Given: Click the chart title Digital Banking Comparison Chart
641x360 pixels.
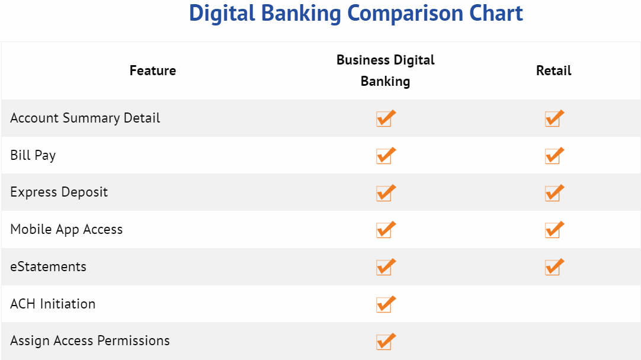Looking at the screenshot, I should tap(355, 14).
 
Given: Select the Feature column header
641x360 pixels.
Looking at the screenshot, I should tap(153, 71).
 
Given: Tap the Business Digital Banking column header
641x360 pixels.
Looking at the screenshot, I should tap(385, 70).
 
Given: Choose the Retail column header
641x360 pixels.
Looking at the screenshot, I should tap(553, 71).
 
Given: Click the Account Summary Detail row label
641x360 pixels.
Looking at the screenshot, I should tap(85, 118).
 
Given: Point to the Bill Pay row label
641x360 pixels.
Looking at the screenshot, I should tap(33, 156).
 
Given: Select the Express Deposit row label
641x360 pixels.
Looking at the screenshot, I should tap(59, 192).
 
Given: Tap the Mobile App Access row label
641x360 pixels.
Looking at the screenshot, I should tap(66, 230).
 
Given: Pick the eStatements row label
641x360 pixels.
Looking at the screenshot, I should tap(49, 267).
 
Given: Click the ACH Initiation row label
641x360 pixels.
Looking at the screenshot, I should tap(53, 304).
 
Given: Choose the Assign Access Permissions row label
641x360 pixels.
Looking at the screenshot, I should tap(90, 341).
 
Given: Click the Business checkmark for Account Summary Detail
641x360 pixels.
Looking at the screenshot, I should tap(385, 118).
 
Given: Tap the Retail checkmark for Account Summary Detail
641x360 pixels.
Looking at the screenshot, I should tap(554, 118).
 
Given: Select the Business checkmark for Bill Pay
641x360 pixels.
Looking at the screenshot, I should tap(385, 156).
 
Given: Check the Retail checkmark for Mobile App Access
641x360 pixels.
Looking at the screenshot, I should tap(554, 230).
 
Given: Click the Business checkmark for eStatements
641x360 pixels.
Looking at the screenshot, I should tap(385, 267).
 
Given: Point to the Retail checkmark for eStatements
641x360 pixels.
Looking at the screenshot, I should tap(554, 267).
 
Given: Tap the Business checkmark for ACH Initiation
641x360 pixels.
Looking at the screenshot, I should tap(385, 304).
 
